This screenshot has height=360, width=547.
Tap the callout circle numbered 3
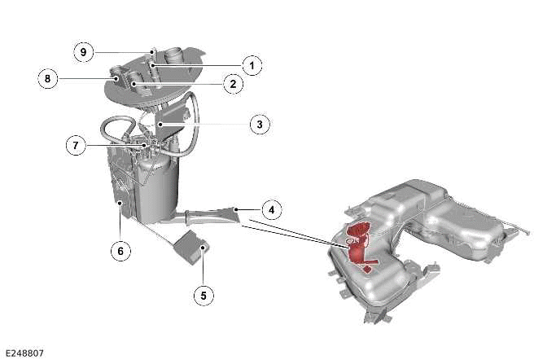pyautogui.click(x=258, y=124)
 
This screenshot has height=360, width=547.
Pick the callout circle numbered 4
pyautogui.click(x=272, y=209)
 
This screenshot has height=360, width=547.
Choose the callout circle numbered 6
pyautogui.click(x=120, y=252)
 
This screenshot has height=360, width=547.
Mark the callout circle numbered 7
pyautogui.click(x=76, y=146)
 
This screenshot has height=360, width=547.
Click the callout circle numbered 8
pyautogui.click(x=48, y=79)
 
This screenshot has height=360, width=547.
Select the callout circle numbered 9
pyautogui.click(x=83, y=51)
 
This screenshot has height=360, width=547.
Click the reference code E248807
pyautogui.click(x=24, y=353)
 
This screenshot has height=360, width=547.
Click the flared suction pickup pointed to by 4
pyautogui.click(x=213, y=216)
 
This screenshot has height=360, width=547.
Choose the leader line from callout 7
pyautogui.click(x=114, y=146)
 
